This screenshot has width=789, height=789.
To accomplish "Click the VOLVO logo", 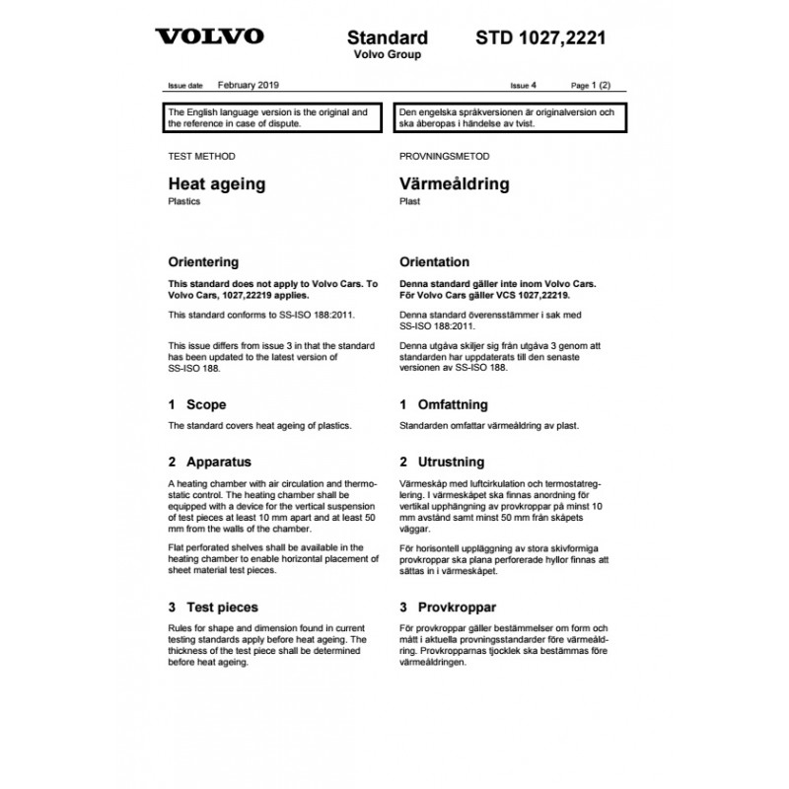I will point(209,37).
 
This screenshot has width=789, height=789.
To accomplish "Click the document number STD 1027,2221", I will point(540,38).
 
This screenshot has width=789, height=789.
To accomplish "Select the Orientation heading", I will point(434,263).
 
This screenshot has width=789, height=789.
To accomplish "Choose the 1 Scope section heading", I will point(197,404).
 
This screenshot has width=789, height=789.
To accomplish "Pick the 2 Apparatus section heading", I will point(209,462).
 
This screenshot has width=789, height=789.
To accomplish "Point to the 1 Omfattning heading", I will point(443,404).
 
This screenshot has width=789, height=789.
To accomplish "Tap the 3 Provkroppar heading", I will point(447,608).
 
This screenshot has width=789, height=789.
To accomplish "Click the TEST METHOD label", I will point(202,156).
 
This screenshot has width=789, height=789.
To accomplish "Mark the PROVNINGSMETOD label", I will point(444,156).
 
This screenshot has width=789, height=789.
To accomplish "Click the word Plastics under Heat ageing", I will point(184,201).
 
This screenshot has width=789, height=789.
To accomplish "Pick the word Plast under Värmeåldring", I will point(410,201).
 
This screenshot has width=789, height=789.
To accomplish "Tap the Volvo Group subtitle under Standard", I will point(387,55).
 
